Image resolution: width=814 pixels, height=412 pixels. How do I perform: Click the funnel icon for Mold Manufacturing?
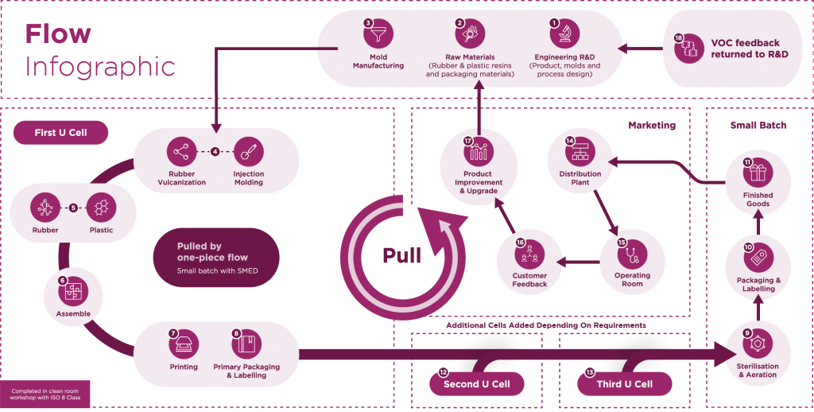378,36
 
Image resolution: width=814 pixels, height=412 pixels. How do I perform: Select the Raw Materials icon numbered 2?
471,36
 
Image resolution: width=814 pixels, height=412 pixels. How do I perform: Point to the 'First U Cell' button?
60,132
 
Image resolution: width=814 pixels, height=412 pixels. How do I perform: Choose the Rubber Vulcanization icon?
182,151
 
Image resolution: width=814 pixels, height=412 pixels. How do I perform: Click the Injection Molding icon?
248,151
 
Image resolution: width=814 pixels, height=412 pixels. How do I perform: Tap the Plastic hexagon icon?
101,208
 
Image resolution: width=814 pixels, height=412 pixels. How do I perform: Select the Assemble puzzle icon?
73,290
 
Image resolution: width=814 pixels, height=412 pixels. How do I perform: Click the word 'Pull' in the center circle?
401,255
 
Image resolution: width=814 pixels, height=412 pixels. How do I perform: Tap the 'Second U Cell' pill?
476,384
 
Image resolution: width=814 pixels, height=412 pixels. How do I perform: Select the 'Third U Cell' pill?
624,384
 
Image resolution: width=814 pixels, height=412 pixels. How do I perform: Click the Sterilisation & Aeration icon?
758,344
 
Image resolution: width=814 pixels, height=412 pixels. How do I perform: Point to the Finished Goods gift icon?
758,173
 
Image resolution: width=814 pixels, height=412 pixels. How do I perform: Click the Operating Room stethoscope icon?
632,254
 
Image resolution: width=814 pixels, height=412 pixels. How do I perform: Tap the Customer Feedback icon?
529,254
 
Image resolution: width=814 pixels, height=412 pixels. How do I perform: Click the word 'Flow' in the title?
58,34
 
